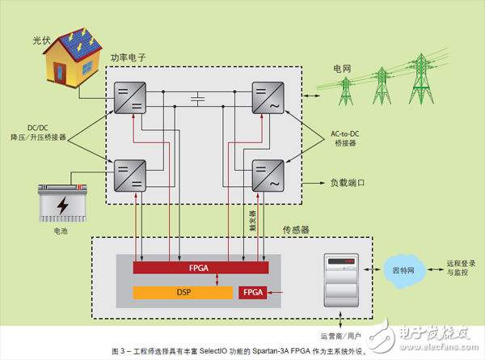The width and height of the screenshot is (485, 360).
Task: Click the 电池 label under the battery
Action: click(x=61, y=230)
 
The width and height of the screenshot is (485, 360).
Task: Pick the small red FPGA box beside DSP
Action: click(x=253, y=292)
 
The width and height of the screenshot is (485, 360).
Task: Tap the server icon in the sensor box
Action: click(x=339, y=279)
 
